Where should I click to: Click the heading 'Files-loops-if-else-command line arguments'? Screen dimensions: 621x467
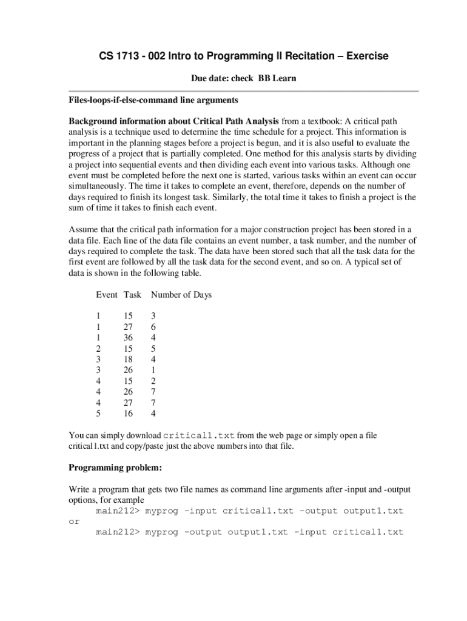coord(153,99)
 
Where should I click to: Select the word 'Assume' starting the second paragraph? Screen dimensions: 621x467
coord(83,230)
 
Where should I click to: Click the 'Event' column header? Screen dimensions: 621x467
coord(107,295)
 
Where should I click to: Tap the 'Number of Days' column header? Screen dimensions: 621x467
coord(181,295)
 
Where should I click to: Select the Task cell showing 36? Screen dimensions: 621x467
coord(128,338)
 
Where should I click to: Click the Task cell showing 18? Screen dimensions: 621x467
coord(128,359)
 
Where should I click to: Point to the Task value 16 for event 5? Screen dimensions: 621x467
coord(128,414)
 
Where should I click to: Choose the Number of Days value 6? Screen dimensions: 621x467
coord(153,327)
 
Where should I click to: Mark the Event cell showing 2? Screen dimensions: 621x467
coord(98,349)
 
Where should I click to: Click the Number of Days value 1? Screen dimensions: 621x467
coord(153,370)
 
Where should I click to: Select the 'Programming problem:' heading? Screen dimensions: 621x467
coord(115,468)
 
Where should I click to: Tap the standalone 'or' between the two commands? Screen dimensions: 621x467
coord(73,522)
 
